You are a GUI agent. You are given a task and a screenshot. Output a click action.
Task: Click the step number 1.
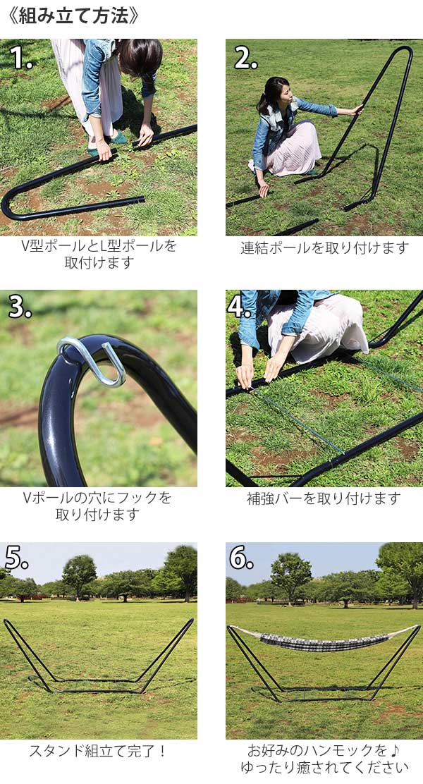(x=20, y=57)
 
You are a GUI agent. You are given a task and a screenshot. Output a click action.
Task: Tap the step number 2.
(x=245, y=58)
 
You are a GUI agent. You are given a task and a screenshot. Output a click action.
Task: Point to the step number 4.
(x=240, y=307)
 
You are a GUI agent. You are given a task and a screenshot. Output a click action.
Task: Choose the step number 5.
(x=17, y=558)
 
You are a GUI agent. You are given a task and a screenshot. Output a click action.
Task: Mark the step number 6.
(x=241, y=558)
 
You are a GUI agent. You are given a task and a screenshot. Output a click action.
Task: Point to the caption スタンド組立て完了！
(x=99, y=751)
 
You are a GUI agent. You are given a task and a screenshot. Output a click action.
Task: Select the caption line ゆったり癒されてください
(x=324, y=767)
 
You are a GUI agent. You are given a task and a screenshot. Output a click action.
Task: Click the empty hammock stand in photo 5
(x=99, y=656)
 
